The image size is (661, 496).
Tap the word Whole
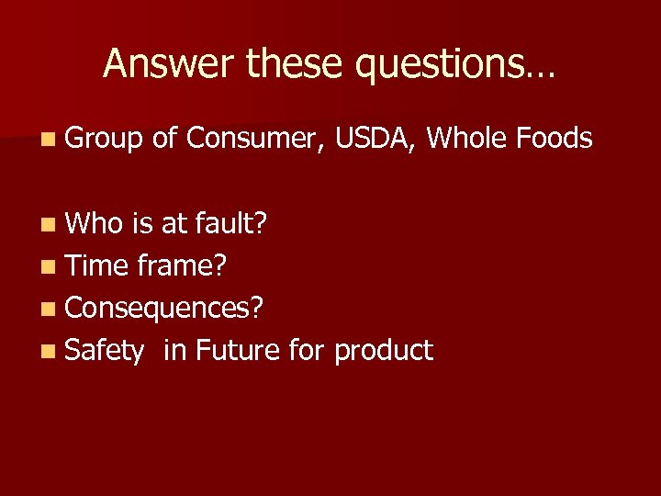(468, 139)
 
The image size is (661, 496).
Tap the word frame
(182, 265)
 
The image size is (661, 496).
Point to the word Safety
(105, 351)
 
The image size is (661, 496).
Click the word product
(383, 351)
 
